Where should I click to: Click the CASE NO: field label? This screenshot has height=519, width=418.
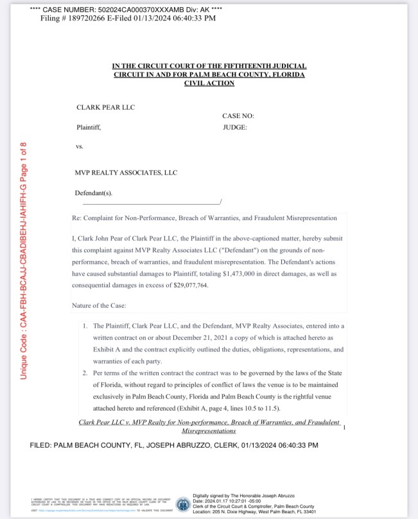point(238,115)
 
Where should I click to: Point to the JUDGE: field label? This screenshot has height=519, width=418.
point(235,127)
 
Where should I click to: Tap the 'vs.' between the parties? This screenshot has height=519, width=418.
point(80,146)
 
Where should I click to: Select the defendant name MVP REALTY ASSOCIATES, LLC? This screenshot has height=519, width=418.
point(126,173)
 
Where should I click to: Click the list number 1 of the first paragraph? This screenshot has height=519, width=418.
point(85,327)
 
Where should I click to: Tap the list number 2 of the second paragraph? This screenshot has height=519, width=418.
point(85,373)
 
